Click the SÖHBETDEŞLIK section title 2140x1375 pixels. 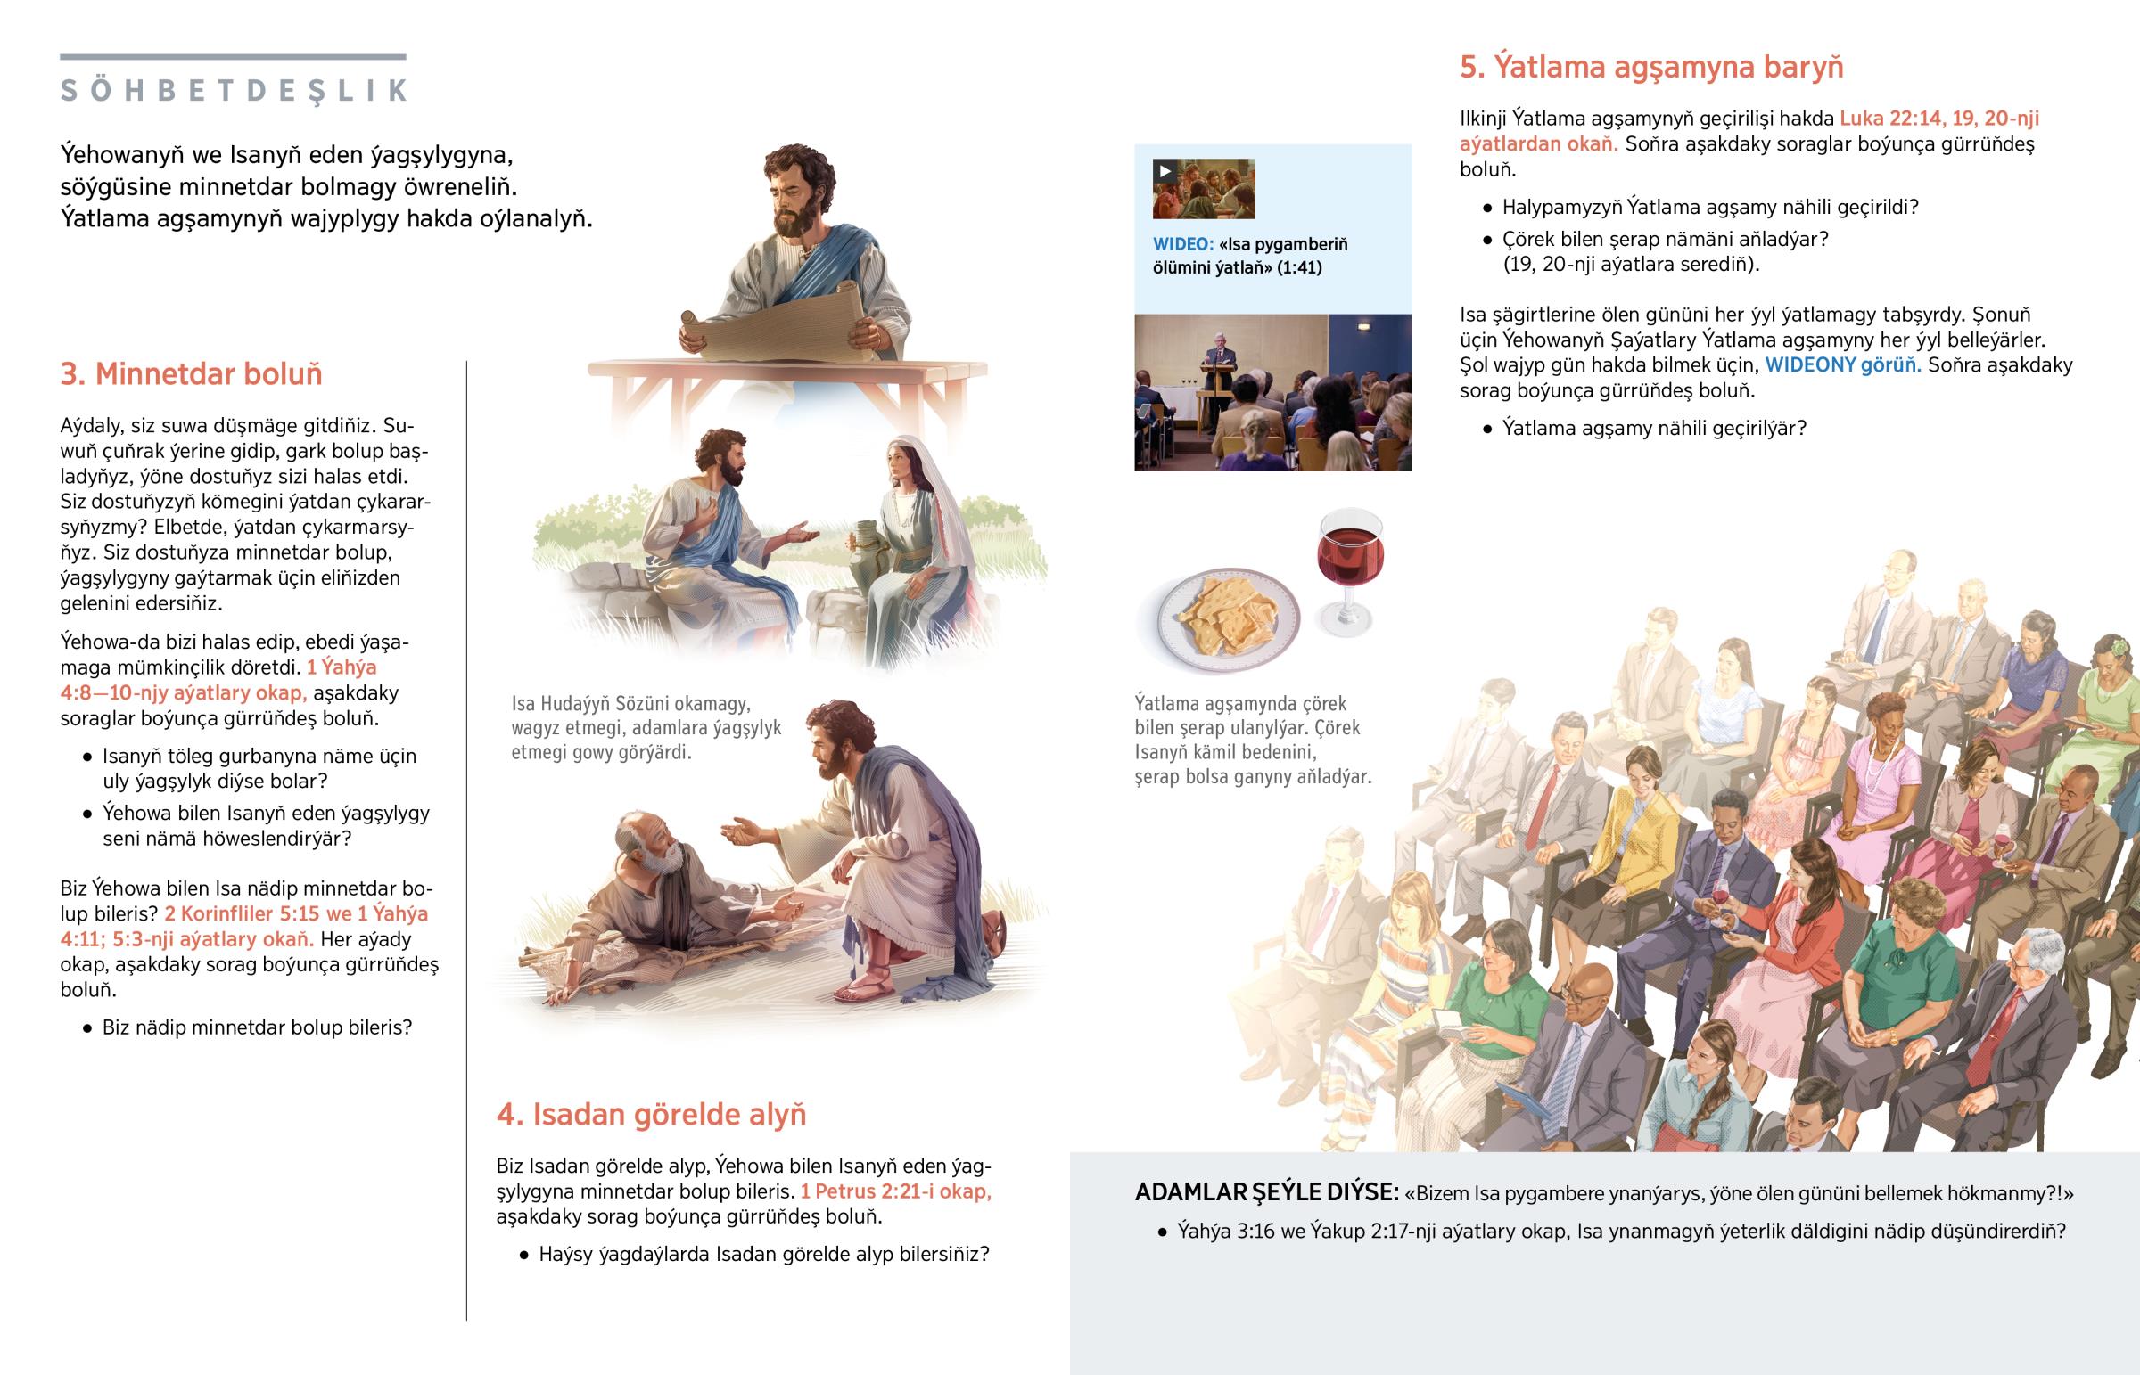click(x=233, y=90)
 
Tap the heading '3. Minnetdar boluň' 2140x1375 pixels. click(x=191, y=373)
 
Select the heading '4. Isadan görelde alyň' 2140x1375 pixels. click(x=651, y=1114)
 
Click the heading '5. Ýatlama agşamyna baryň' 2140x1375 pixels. click(x=1651, y=67)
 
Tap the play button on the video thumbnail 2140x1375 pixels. click(x=1165, y=170)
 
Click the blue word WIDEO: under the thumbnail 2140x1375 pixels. click(x=1182, y=244)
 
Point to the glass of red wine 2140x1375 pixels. click(x=1349, y=570)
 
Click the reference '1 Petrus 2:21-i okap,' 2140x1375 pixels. click(x=896, y=1191)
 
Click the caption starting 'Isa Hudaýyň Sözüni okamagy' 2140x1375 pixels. click(x=646, y=728)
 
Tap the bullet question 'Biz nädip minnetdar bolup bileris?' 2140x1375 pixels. click(x=257, y=1027)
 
